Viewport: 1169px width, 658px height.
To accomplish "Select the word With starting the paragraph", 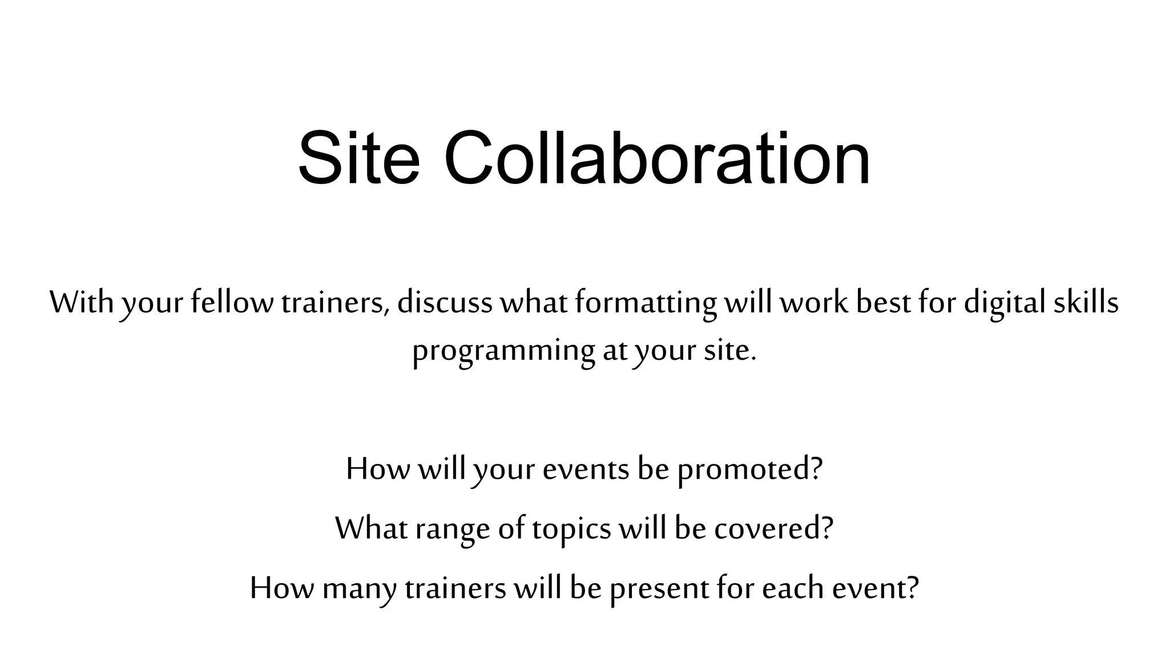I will pos(82,302).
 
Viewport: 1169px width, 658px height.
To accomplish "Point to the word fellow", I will pos(232,302).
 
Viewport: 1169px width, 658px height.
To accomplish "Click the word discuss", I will pos(445,302).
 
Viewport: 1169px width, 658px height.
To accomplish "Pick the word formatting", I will pos(646,303).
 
